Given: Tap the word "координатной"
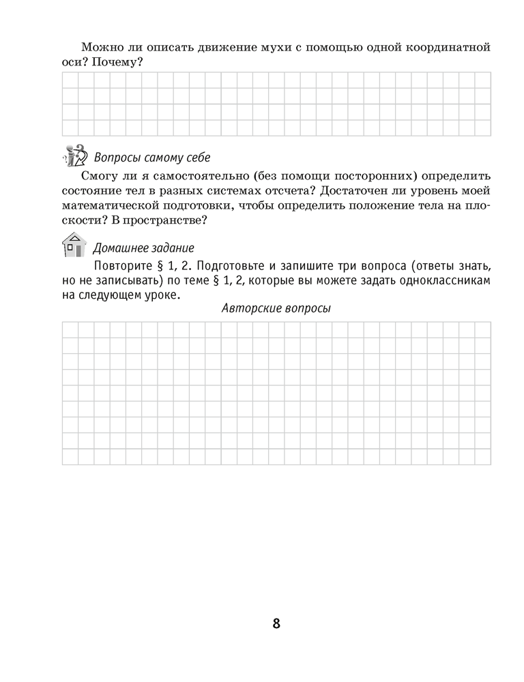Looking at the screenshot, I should click(446, 47).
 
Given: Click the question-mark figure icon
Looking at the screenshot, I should click(74, 157).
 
